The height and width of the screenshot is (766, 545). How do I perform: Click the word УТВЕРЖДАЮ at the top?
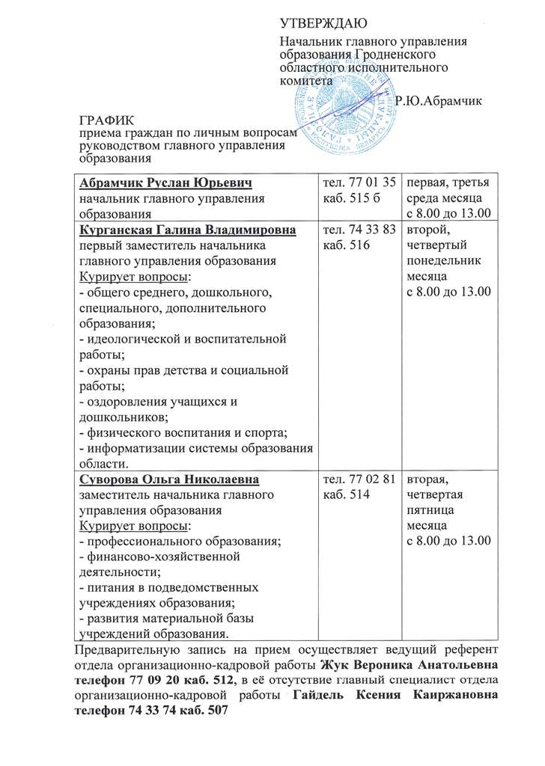coord(319,25)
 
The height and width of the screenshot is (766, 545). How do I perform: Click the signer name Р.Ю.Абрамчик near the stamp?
coord(439,100)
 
